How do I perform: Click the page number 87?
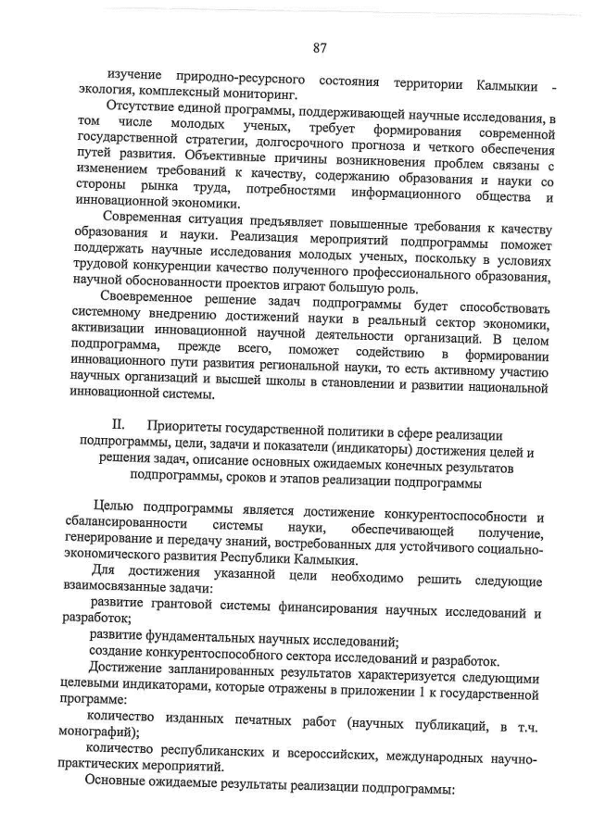[320, 47]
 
